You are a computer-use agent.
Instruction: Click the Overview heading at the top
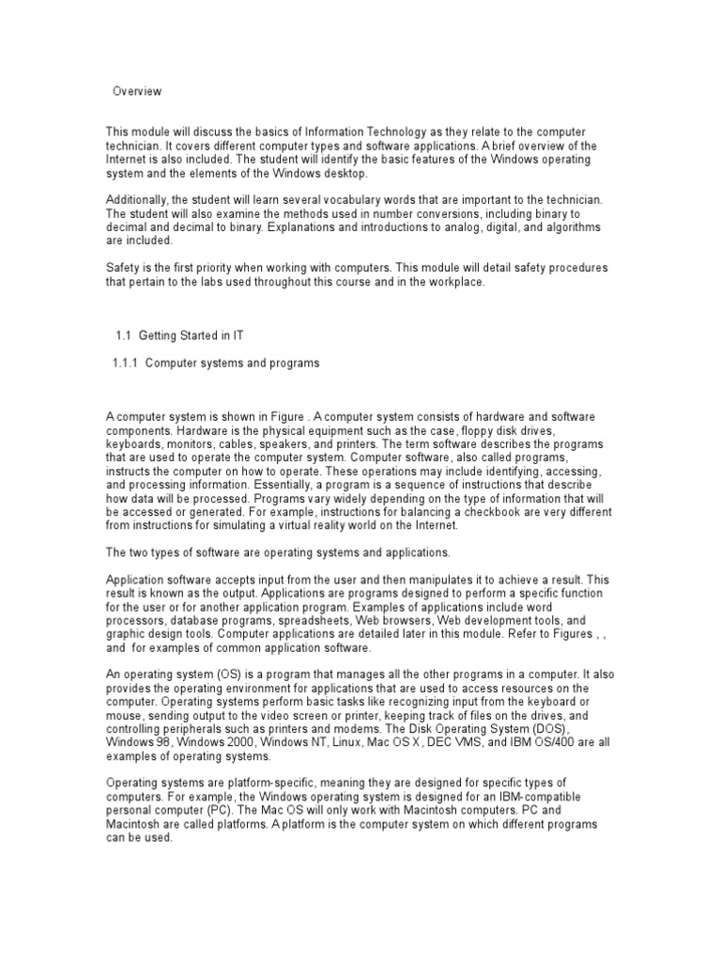click(x=137, y=91)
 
